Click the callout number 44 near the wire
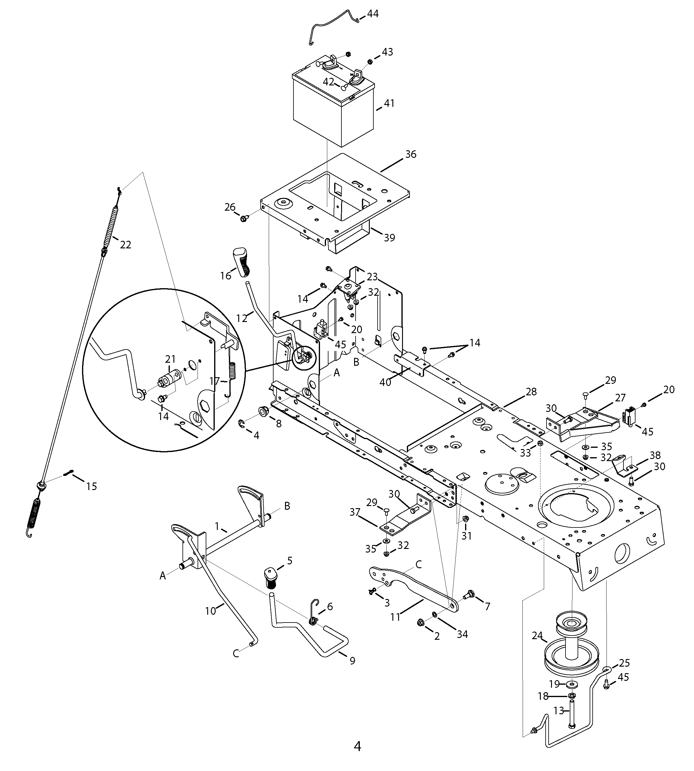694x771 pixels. click(372, 14)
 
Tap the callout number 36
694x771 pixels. click(411, 155)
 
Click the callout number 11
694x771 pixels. click(395, 617)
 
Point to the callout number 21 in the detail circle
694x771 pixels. click(170, 359)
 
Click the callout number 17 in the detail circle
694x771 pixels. click(215, 381)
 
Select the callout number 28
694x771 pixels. click(531, 391)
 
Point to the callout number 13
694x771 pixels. click(559, 711)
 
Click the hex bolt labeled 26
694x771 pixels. click(244, 218)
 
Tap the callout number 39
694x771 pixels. click(389, 238)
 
